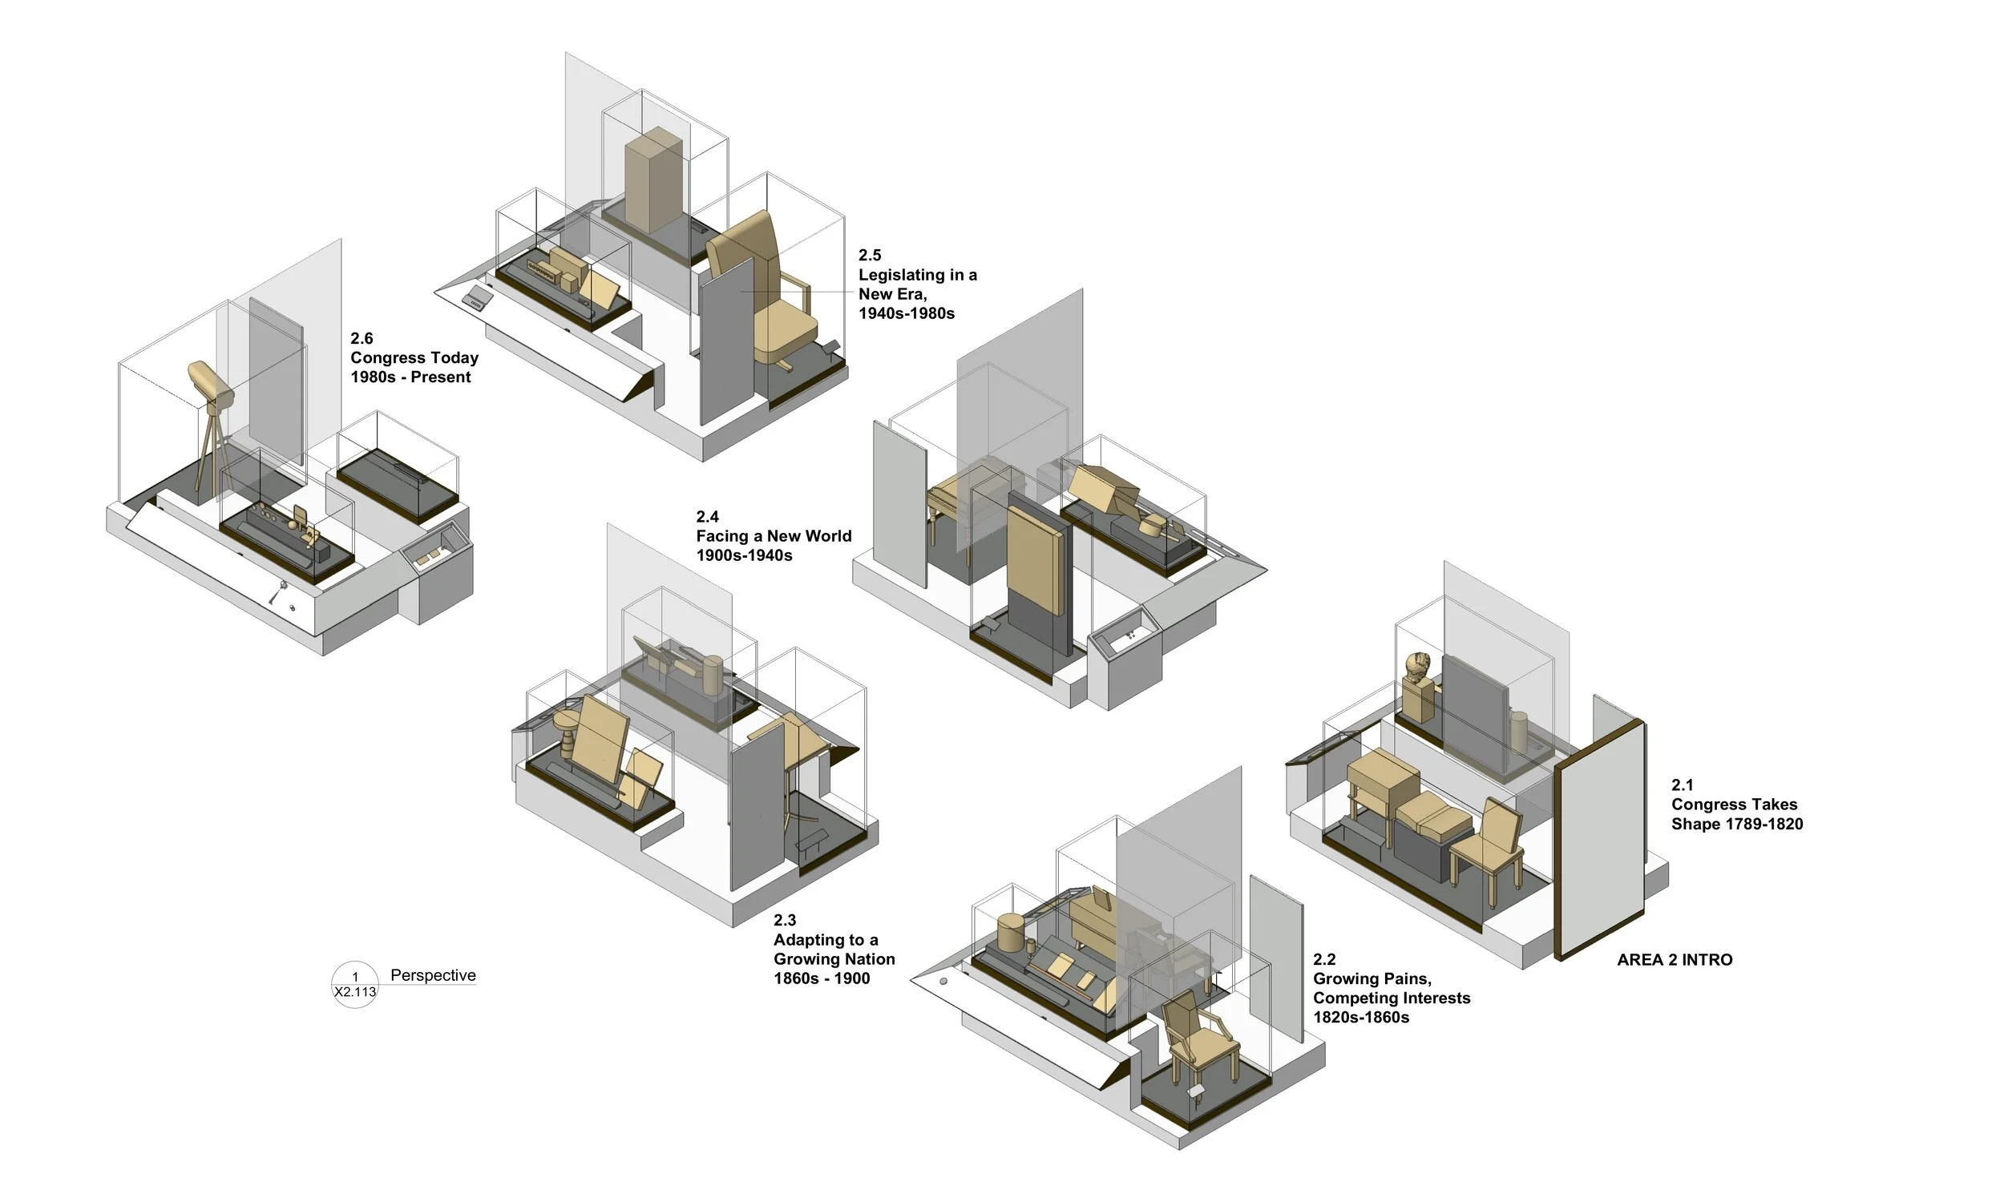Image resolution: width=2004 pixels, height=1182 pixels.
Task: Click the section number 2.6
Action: [362, 338]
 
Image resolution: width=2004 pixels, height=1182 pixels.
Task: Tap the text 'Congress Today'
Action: [414, 357]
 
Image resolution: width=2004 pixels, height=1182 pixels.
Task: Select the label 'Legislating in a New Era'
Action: [917, 284]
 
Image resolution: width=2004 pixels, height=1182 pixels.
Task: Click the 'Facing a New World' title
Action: [774, 536]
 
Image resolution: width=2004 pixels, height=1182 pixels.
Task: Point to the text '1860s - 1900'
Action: [822, 978]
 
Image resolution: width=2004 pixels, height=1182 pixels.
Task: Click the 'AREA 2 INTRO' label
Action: [1675, 959]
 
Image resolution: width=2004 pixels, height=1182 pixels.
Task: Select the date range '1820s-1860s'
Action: [1361, 1018]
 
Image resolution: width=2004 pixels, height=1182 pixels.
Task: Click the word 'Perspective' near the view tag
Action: [433, 975]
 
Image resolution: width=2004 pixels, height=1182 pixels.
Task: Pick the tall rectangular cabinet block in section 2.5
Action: [653, 180]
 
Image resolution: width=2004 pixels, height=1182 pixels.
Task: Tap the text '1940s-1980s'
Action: [907, 313]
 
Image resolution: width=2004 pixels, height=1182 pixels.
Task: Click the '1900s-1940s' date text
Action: [744, 555]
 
